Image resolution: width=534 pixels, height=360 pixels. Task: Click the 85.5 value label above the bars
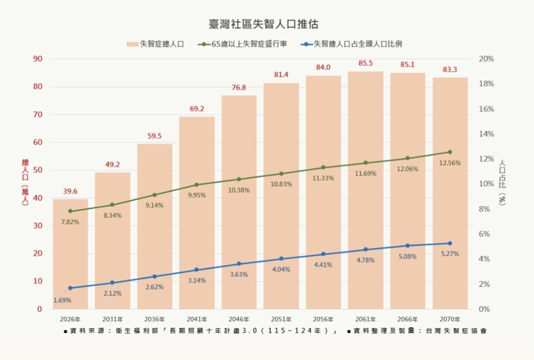coord(365,64)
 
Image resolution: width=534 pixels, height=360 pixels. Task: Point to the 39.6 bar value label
coord(71,191)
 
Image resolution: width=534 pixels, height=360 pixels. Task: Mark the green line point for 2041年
coord(197,185)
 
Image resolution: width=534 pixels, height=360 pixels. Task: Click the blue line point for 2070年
coord(450,243)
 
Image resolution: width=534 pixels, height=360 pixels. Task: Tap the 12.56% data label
coord(450,163)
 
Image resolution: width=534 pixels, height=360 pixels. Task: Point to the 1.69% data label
coord(62,300)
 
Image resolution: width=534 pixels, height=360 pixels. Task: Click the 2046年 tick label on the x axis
coord(239,319)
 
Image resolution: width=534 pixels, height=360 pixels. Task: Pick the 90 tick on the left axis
coord(38,59)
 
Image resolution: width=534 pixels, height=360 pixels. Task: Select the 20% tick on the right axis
coord(486,59)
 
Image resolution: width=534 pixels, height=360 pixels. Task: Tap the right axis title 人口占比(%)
coord(502,182)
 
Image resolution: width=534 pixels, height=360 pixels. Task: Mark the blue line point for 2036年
coord(155,276)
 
